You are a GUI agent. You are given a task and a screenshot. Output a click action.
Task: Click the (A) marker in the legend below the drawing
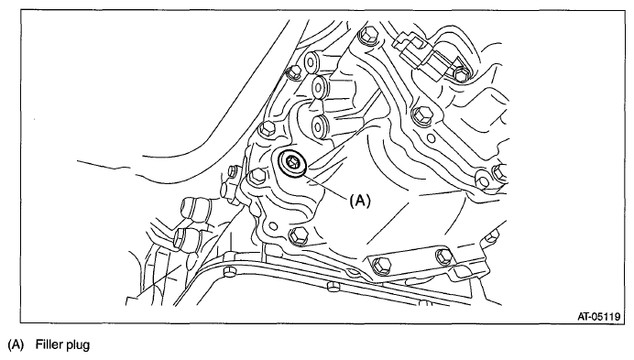[15, 346]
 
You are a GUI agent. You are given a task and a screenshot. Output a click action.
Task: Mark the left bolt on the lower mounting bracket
[383, 267]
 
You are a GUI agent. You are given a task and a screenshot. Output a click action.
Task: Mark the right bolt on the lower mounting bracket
[445, 256]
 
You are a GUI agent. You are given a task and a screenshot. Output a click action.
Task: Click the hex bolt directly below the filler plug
[296, 236]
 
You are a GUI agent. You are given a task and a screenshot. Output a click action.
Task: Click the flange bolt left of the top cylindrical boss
[295, 71]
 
